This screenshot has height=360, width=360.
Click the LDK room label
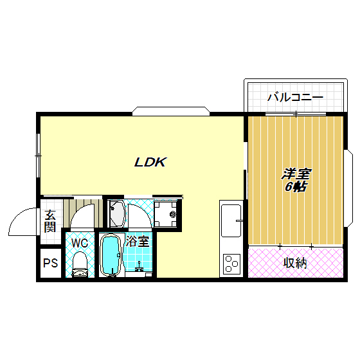point(150,163)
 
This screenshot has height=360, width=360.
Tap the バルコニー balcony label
point(295,98)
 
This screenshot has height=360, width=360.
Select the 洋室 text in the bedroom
point(296,174)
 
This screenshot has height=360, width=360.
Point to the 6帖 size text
point(295,187)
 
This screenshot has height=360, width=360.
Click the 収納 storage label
point(294,262)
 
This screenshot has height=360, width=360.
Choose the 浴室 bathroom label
point(138,242)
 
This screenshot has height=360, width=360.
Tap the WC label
point(80,243)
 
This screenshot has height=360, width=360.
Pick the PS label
point(50,263)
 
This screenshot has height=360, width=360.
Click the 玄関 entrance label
point(50,221)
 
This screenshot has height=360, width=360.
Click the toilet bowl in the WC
point(80,264)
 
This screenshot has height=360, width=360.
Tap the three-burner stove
point(231,264)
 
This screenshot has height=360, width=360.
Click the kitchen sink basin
point(230,221)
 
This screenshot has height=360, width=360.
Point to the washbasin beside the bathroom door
point(116,213)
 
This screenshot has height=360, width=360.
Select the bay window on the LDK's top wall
point(171,110)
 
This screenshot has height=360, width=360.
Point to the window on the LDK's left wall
point(38,155)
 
